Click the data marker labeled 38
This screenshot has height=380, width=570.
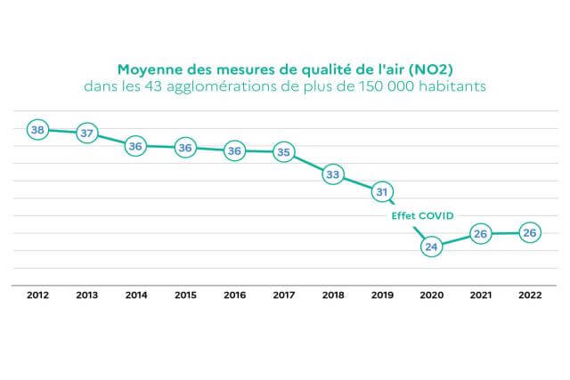pyautogui.click(x=37, y=130)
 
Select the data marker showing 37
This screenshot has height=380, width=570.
pyautogui.click(x=86, y=133)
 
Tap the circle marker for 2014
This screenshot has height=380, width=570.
pyautogui.click(x=135, y=146)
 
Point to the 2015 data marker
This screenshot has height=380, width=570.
pyautogui.click(x=185, y=148)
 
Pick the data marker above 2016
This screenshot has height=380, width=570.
pyautogui.click(x=234, y=150)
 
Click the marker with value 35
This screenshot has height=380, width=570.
pyautogui.click(x=283, y=151)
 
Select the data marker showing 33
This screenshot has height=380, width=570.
pyautogui.click(x=333, y=174)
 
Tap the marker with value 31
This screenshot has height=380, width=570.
pyautogui.click(x=382, y=190)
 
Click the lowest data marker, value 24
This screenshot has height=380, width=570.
pyautogui.click(x=432, y=247)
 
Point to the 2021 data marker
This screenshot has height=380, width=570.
pyautogui.click(x=481, y=234)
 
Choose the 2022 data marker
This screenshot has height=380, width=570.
pyautogui.click(x=530, y=233)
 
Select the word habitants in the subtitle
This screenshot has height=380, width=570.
pyautogui.click(x=453, y=87)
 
